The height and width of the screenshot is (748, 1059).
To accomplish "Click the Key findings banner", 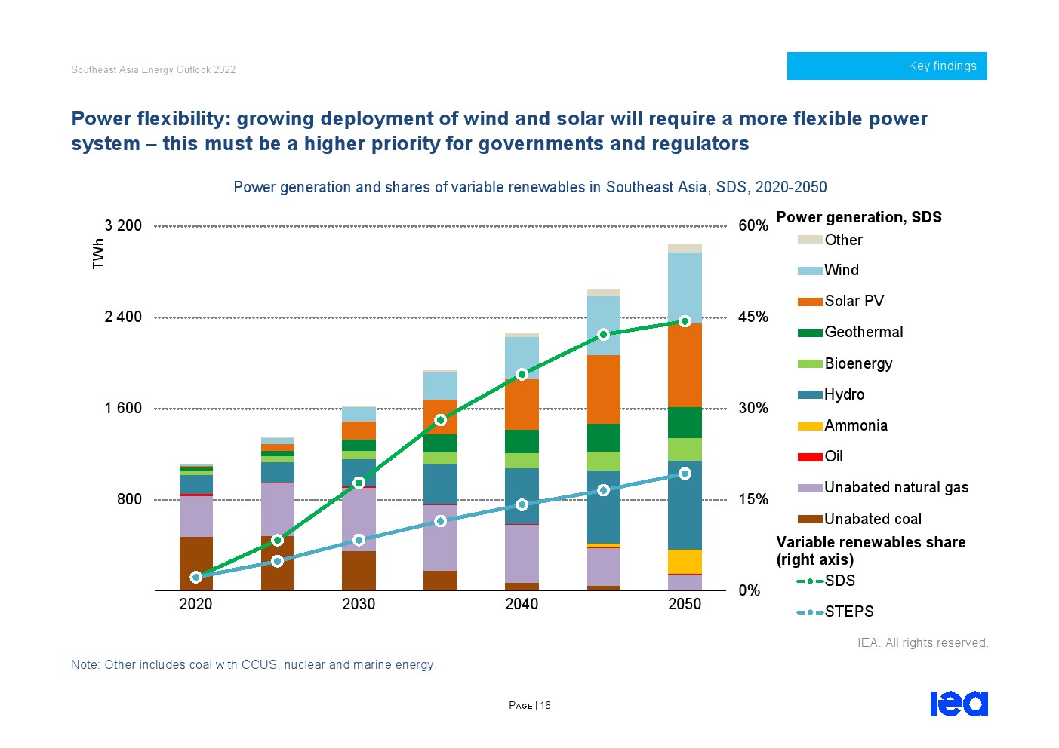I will click(886, 66).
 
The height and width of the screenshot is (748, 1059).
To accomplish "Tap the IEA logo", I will click(959, 704).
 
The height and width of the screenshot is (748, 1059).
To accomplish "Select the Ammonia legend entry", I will click(855, 426).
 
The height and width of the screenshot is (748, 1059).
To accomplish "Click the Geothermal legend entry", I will click(863, 333).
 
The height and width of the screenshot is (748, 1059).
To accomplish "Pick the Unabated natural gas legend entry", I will click(895, 488).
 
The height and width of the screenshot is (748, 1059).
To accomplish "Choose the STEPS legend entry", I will click(848, 612).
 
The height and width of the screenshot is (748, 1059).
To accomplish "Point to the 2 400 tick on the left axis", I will click(123, 317).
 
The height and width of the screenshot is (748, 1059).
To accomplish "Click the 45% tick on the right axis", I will click(753, 317).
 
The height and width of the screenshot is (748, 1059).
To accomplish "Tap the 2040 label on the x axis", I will click(522, 604).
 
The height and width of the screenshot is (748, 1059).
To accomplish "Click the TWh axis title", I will click(99, 253).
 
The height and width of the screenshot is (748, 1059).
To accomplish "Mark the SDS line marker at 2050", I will click(685, 321).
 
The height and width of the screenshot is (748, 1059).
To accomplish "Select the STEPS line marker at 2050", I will click(685, 474).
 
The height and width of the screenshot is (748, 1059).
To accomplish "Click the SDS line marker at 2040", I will click(522, 374).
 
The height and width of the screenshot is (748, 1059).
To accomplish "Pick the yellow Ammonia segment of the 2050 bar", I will click(685, 561).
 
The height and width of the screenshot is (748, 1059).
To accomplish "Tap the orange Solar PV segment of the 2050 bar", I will click(685, 365).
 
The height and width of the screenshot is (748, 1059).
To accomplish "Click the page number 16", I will click(545, 706).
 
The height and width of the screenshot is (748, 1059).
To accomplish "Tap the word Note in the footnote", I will click(84, 665).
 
